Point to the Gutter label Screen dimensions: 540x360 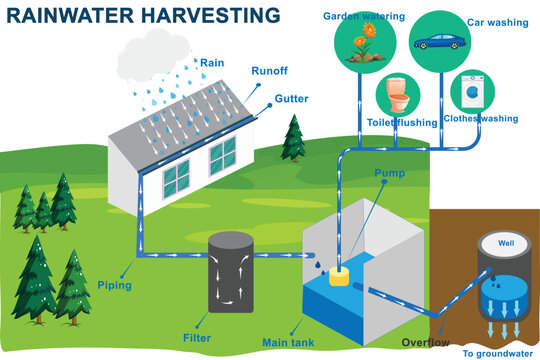[x=292, y=100]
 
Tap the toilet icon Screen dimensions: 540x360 [x=395, y=95]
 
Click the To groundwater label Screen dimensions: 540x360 [x=496, y=353]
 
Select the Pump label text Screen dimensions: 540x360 [x=389, y=173]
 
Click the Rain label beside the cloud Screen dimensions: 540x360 [x=212, y=63]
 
